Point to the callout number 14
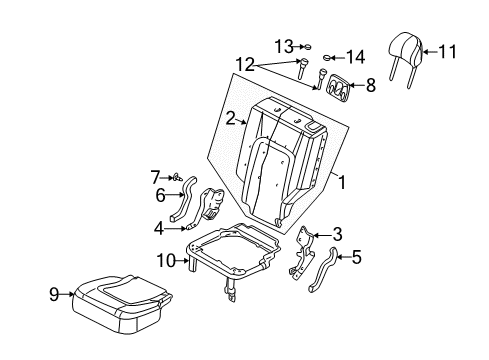point(356,57)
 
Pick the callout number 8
point(370,87)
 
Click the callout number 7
point(155,177)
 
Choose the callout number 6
point(158,195)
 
